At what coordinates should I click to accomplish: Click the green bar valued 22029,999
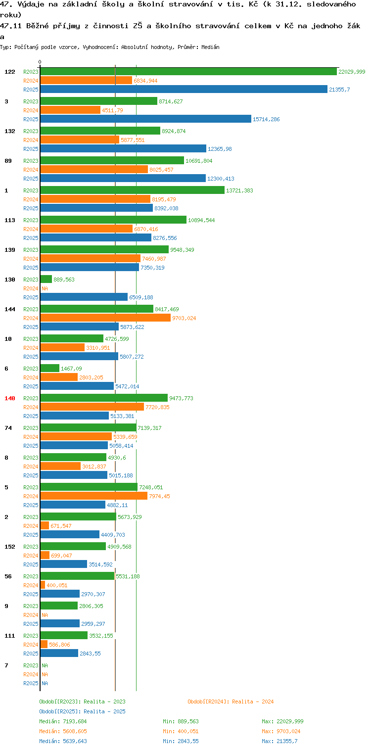click(188, 72)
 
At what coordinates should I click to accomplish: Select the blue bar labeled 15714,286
click(145, 119)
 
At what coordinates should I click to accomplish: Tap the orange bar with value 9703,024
click(105, 318)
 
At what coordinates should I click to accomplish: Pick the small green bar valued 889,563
click(46, 280)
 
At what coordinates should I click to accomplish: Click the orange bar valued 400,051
click(43, 585)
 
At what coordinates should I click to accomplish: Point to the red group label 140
click(10, 398)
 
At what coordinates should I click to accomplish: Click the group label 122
click(10, 72)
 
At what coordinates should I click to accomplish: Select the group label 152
click(10, 547)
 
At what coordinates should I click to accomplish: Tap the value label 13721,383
click(239, 190)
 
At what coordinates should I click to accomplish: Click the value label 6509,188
click(141, 297)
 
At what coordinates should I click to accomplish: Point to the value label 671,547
click(61, 526)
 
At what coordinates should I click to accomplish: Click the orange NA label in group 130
click(45, 288)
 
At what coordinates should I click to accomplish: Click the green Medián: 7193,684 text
click(63, 721)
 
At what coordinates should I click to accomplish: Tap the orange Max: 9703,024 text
click(281, 731)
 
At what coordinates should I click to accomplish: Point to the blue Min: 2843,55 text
click(181, 741)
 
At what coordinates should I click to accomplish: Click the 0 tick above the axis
click(40, 62)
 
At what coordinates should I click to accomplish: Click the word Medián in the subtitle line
click(210, 47)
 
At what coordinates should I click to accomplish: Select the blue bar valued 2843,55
click(59, 653)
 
